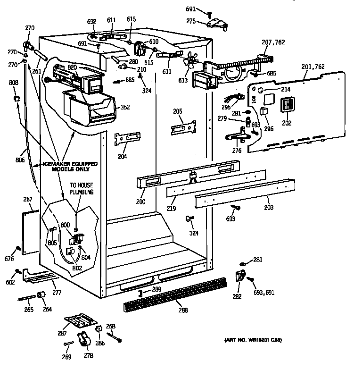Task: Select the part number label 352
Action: [124, 107]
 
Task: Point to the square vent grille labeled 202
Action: [288, 105]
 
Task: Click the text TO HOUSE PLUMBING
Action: [82, 189]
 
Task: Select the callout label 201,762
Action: [313, 67]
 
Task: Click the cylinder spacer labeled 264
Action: [41, 296]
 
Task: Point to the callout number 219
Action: [172, 208]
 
